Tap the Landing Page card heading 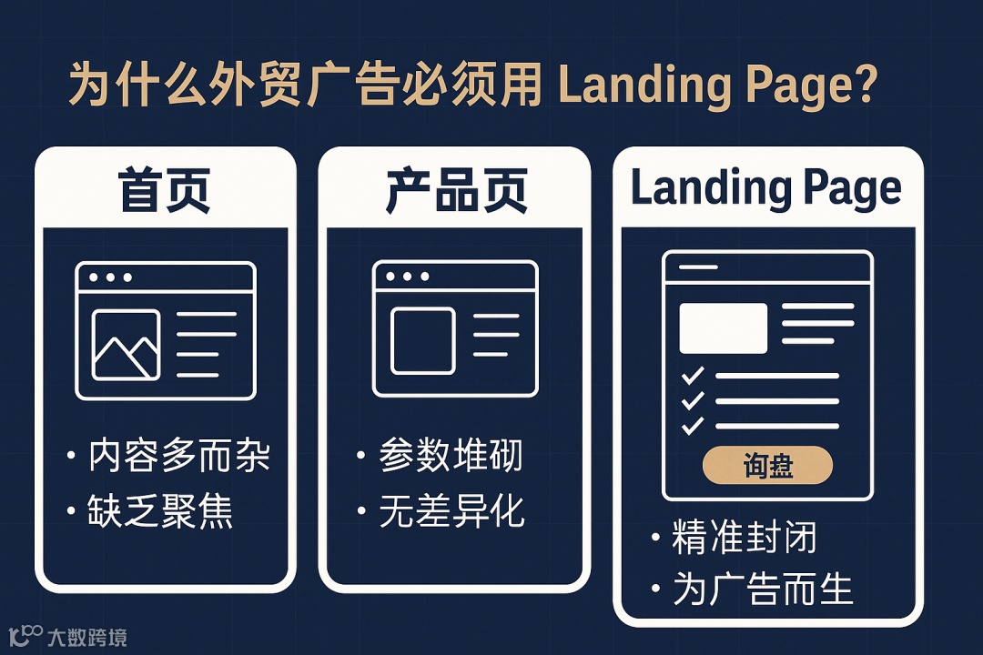766,189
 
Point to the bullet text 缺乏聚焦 161,513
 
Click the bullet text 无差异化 451,513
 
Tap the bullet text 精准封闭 744,538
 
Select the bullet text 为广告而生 763,589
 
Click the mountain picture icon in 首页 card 126,345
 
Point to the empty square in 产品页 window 422,341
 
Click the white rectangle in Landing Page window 724,327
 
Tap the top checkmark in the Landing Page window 693,375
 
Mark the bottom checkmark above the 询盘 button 693,425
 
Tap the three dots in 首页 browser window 109,277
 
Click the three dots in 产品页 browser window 406,276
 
